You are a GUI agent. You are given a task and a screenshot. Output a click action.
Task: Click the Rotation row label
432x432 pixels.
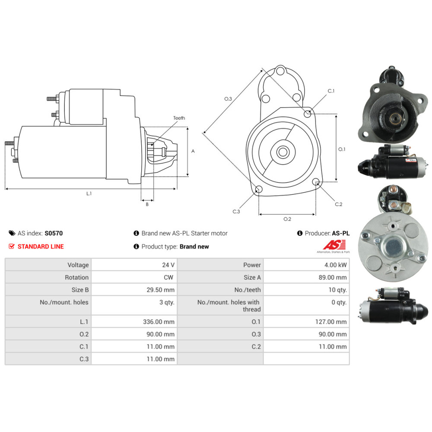point(77,277)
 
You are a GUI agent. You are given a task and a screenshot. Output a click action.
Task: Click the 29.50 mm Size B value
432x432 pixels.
point(161,290)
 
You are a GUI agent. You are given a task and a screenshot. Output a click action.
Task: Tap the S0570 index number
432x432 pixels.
point(54,233)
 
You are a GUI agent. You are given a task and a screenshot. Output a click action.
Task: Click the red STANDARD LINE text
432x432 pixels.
point(41,247)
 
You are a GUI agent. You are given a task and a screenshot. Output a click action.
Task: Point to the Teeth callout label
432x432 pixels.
point(179,118)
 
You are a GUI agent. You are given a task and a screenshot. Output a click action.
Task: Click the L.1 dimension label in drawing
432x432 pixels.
point(89,194)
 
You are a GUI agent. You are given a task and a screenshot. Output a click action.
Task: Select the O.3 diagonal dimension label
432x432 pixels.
point(228,99)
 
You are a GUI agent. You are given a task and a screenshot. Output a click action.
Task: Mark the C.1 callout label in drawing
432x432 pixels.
point(331,91)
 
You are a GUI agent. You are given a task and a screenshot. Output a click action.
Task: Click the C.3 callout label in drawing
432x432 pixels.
point(236,212)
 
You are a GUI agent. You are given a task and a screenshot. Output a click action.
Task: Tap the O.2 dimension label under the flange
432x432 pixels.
point(287,219)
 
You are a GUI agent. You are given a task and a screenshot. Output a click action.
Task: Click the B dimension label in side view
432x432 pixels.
point(147,204)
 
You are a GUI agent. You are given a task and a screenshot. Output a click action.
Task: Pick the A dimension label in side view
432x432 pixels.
point(193,151)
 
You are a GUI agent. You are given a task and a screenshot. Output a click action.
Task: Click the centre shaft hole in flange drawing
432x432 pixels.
point(283,152)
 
